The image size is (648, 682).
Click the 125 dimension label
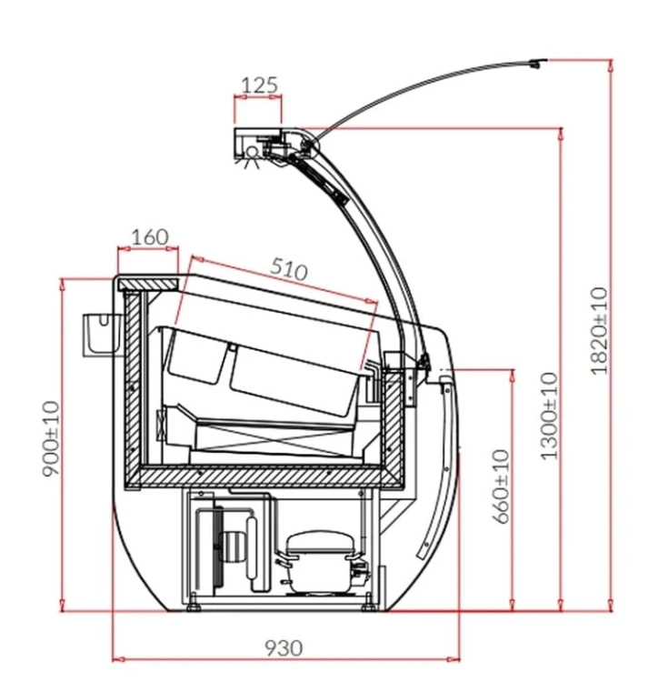coord(259,85)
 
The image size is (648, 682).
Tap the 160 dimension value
coord(150,237)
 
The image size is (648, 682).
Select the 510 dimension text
coord(288,269)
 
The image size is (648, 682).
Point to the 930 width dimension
coord(283,648)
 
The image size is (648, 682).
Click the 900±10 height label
coord(51,439)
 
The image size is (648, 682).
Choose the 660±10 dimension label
coord(501,486)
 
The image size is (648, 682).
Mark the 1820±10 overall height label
coord(599,331)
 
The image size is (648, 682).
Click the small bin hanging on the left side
coord(101,334)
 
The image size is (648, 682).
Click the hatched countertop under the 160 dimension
coord(148,285)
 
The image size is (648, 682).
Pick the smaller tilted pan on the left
coord(197,356)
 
